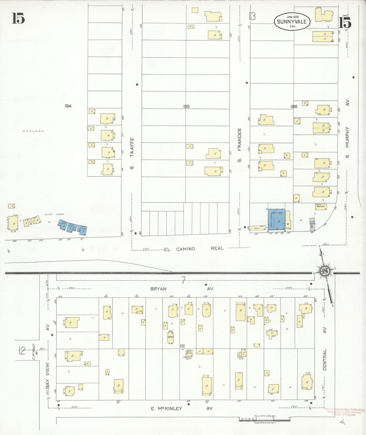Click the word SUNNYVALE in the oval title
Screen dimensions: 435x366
[292, 22]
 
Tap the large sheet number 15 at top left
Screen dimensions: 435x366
[18, 18]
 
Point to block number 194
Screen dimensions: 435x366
[68, 106]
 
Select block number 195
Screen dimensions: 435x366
[186, 107]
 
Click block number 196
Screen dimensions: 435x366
[294, 107]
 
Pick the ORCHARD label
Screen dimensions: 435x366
[33, 131]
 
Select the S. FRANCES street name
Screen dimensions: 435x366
[239, 145]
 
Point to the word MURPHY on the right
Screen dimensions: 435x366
[347, 137]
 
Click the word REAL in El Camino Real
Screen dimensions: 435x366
[217, 248]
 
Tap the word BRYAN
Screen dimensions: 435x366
[158, 289]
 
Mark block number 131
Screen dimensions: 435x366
[182, 346]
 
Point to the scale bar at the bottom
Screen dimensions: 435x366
[264, 420]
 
